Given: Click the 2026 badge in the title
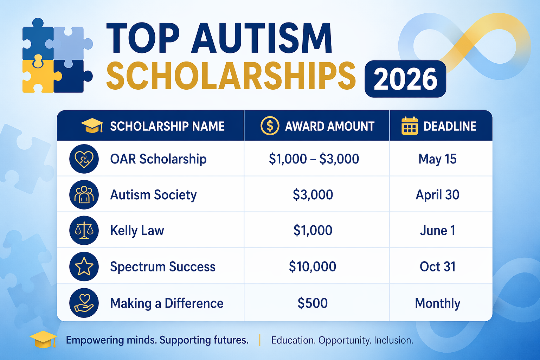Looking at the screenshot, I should coord(405,79).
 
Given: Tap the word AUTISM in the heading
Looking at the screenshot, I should coord(262,39).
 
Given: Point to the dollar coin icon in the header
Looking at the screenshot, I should coord(270,126).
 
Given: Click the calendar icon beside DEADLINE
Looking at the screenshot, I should coord(410,126).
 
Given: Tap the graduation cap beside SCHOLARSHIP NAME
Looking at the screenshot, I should coord(92,125).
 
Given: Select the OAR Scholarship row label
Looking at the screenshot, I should coord(158,159).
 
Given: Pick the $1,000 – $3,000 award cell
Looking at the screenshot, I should coord(314,159).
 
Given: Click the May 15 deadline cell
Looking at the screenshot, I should coord(437,159).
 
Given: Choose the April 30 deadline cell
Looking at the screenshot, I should coord(437,195).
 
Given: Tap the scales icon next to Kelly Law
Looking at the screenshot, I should coord(84,230).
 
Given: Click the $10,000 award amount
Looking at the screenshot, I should coord(313,266).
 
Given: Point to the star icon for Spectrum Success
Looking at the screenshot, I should coord(84,266).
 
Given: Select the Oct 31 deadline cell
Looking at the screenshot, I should coord(437,266).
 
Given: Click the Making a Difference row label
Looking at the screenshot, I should coord(167,303).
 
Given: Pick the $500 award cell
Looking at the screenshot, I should coord(313,303).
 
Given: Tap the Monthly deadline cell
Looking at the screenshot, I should coord(437,303).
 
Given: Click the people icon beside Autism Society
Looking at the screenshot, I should coord(84,195).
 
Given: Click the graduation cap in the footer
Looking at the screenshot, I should coord(43,340).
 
